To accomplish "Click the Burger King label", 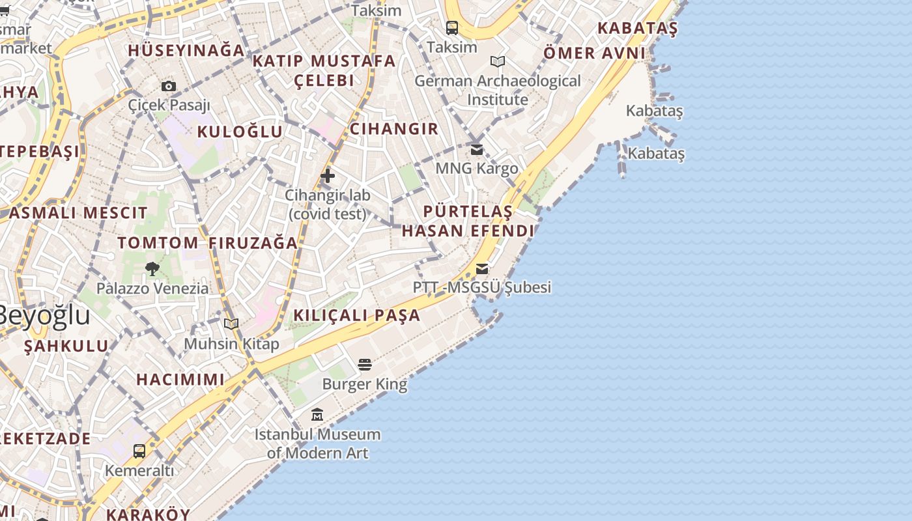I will [365, 384].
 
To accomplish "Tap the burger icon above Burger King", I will [365, 364].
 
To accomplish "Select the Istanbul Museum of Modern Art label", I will [317, 444].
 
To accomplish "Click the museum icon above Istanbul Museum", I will [317, 414].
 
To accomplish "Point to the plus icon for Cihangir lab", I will [328, 175].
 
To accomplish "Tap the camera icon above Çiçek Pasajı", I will [169, 86].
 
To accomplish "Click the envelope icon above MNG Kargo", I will [477, 150].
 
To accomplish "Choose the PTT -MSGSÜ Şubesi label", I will [482, 287].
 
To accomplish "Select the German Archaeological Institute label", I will [498, 91].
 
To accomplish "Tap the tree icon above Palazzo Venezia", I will [152, 268].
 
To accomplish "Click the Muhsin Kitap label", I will [231, 344].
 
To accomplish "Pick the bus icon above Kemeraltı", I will [139, 451].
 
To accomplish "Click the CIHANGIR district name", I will [394, 129].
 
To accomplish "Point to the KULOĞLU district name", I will [240, 132].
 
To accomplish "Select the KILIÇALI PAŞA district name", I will [357, 315].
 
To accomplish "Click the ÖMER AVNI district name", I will [594, 53].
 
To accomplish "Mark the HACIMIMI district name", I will [180, 380].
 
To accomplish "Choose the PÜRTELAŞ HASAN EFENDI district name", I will [468, 221].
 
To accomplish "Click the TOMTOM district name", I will [158, 243].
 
